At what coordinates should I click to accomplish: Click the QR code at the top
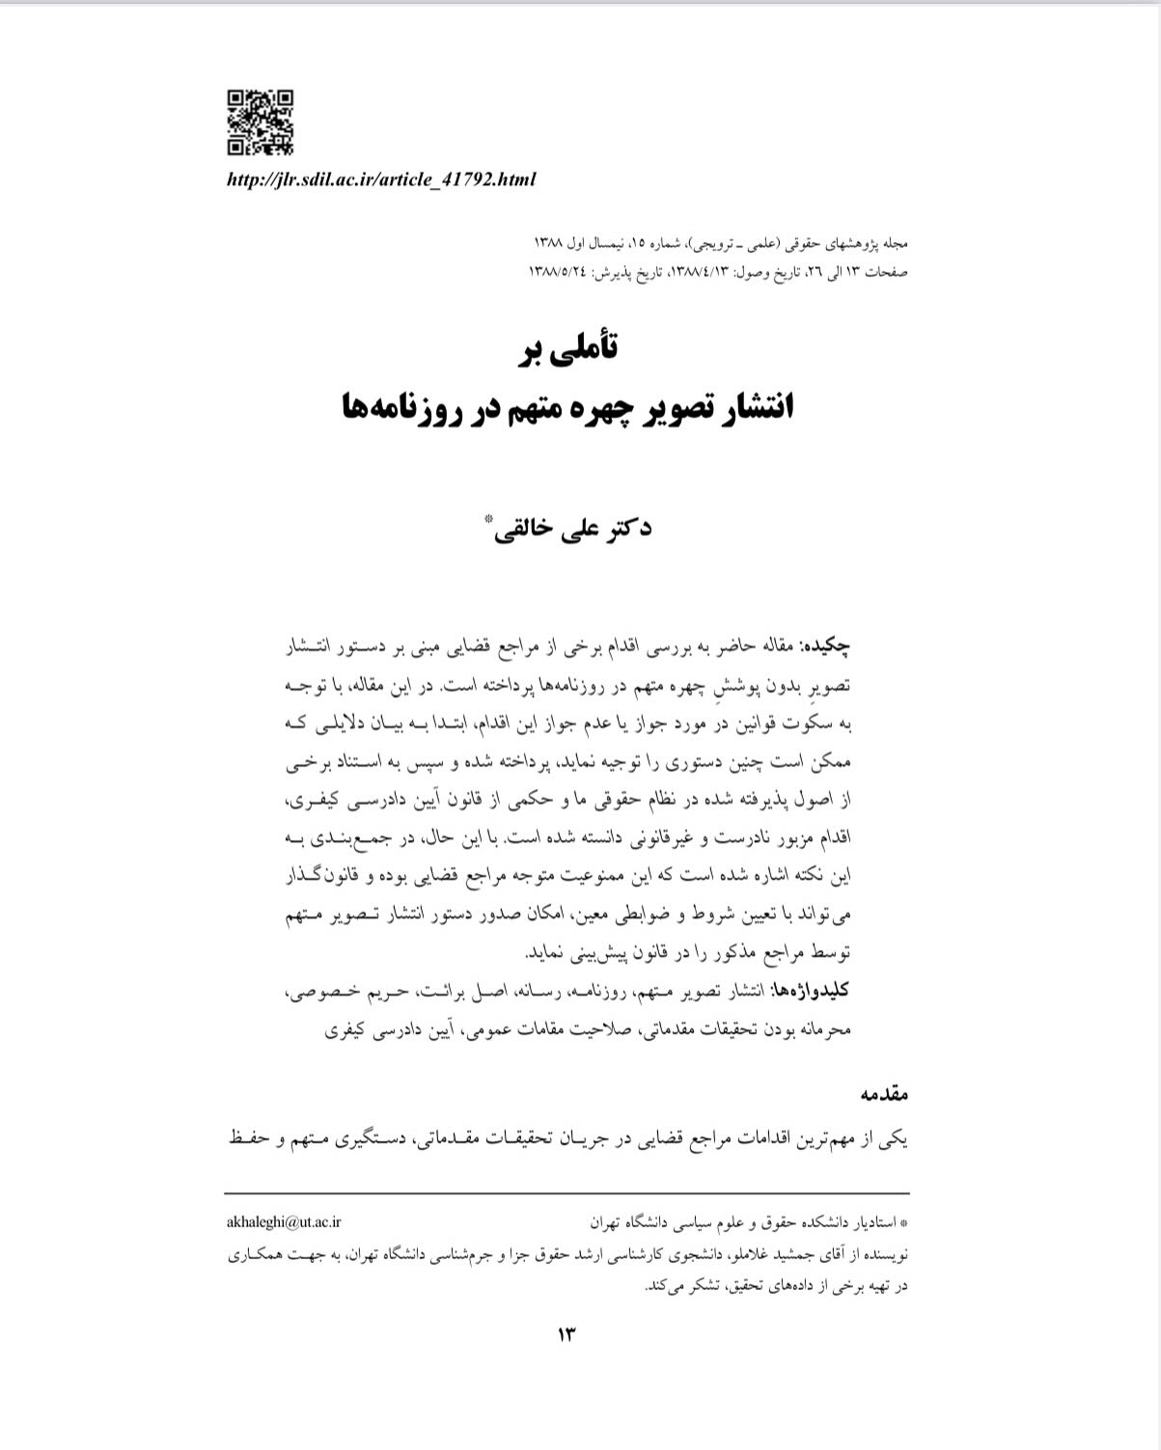[260, 123]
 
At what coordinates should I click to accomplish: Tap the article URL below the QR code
[380, 179]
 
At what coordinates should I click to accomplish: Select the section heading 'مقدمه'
[884, 1095]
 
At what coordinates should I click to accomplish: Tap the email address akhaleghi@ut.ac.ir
[284, 1222]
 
